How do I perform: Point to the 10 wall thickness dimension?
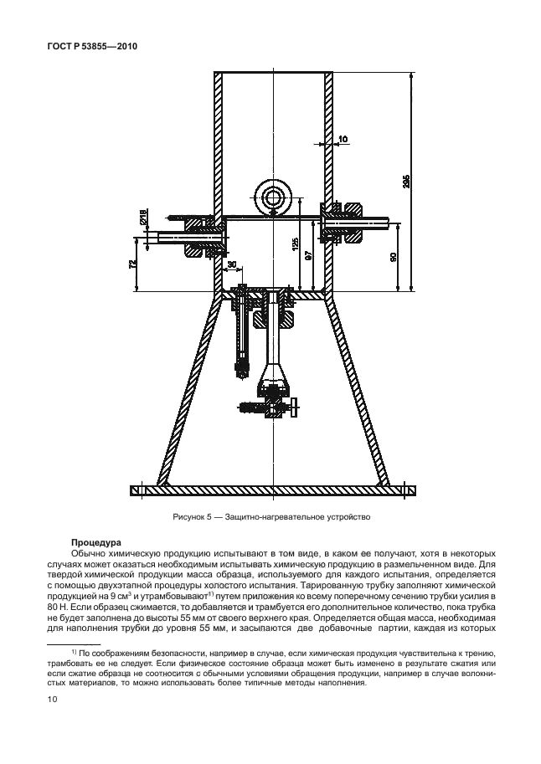click(x=343, y=139)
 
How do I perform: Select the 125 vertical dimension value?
click(x=295, y=244)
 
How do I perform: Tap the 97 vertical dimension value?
click(x=308, y=256)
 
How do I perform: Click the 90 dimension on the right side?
click(x=394, y=257)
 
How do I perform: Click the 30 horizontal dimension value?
click(x=231, y=265)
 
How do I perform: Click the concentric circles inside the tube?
click(x=273, y=197)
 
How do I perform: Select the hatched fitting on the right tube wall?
click(x=344, y=224)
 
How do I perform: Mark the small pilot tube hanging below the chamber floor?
click(x=240, y=335)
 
